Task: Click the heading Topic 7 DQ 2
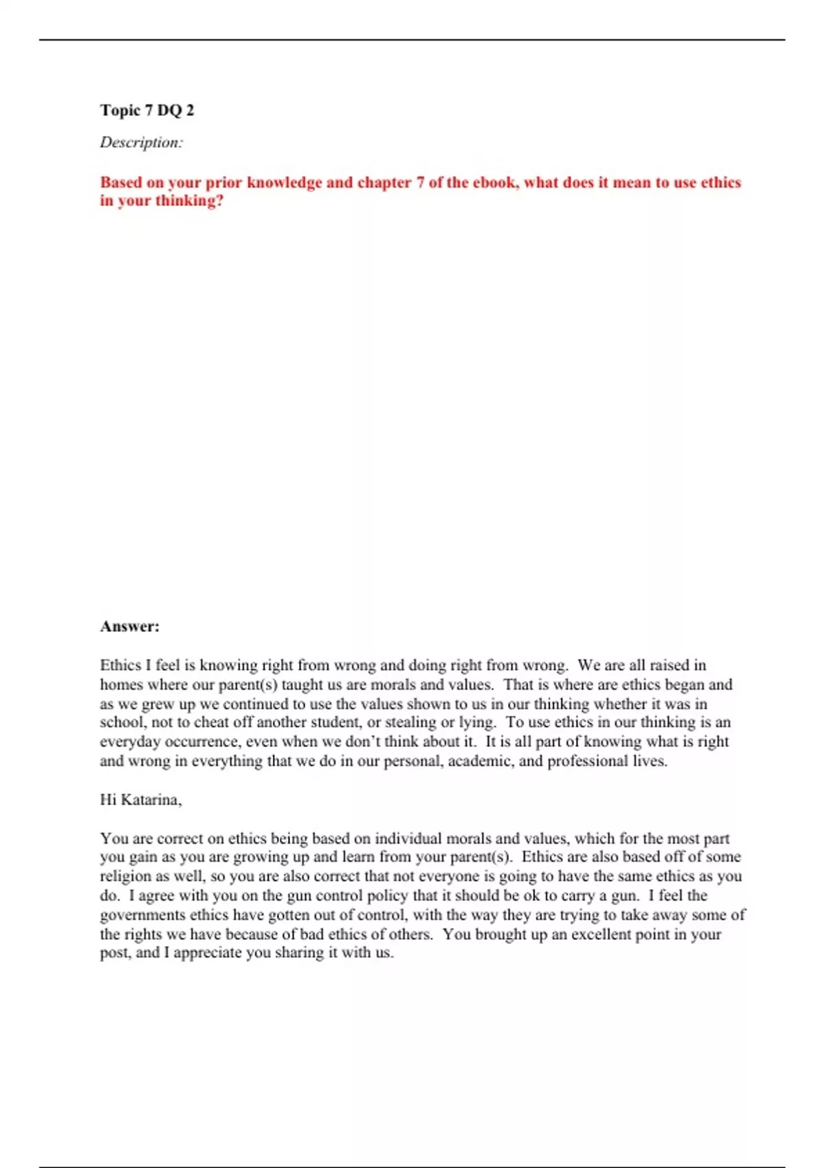(x=147, y=110)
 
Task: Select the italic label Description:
(x=142, y=142)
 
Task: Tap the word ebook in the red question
(x=494, y=182)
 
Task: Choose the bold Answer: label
(x=130, y=626)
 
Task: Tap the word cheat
(x=212, y=722)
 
